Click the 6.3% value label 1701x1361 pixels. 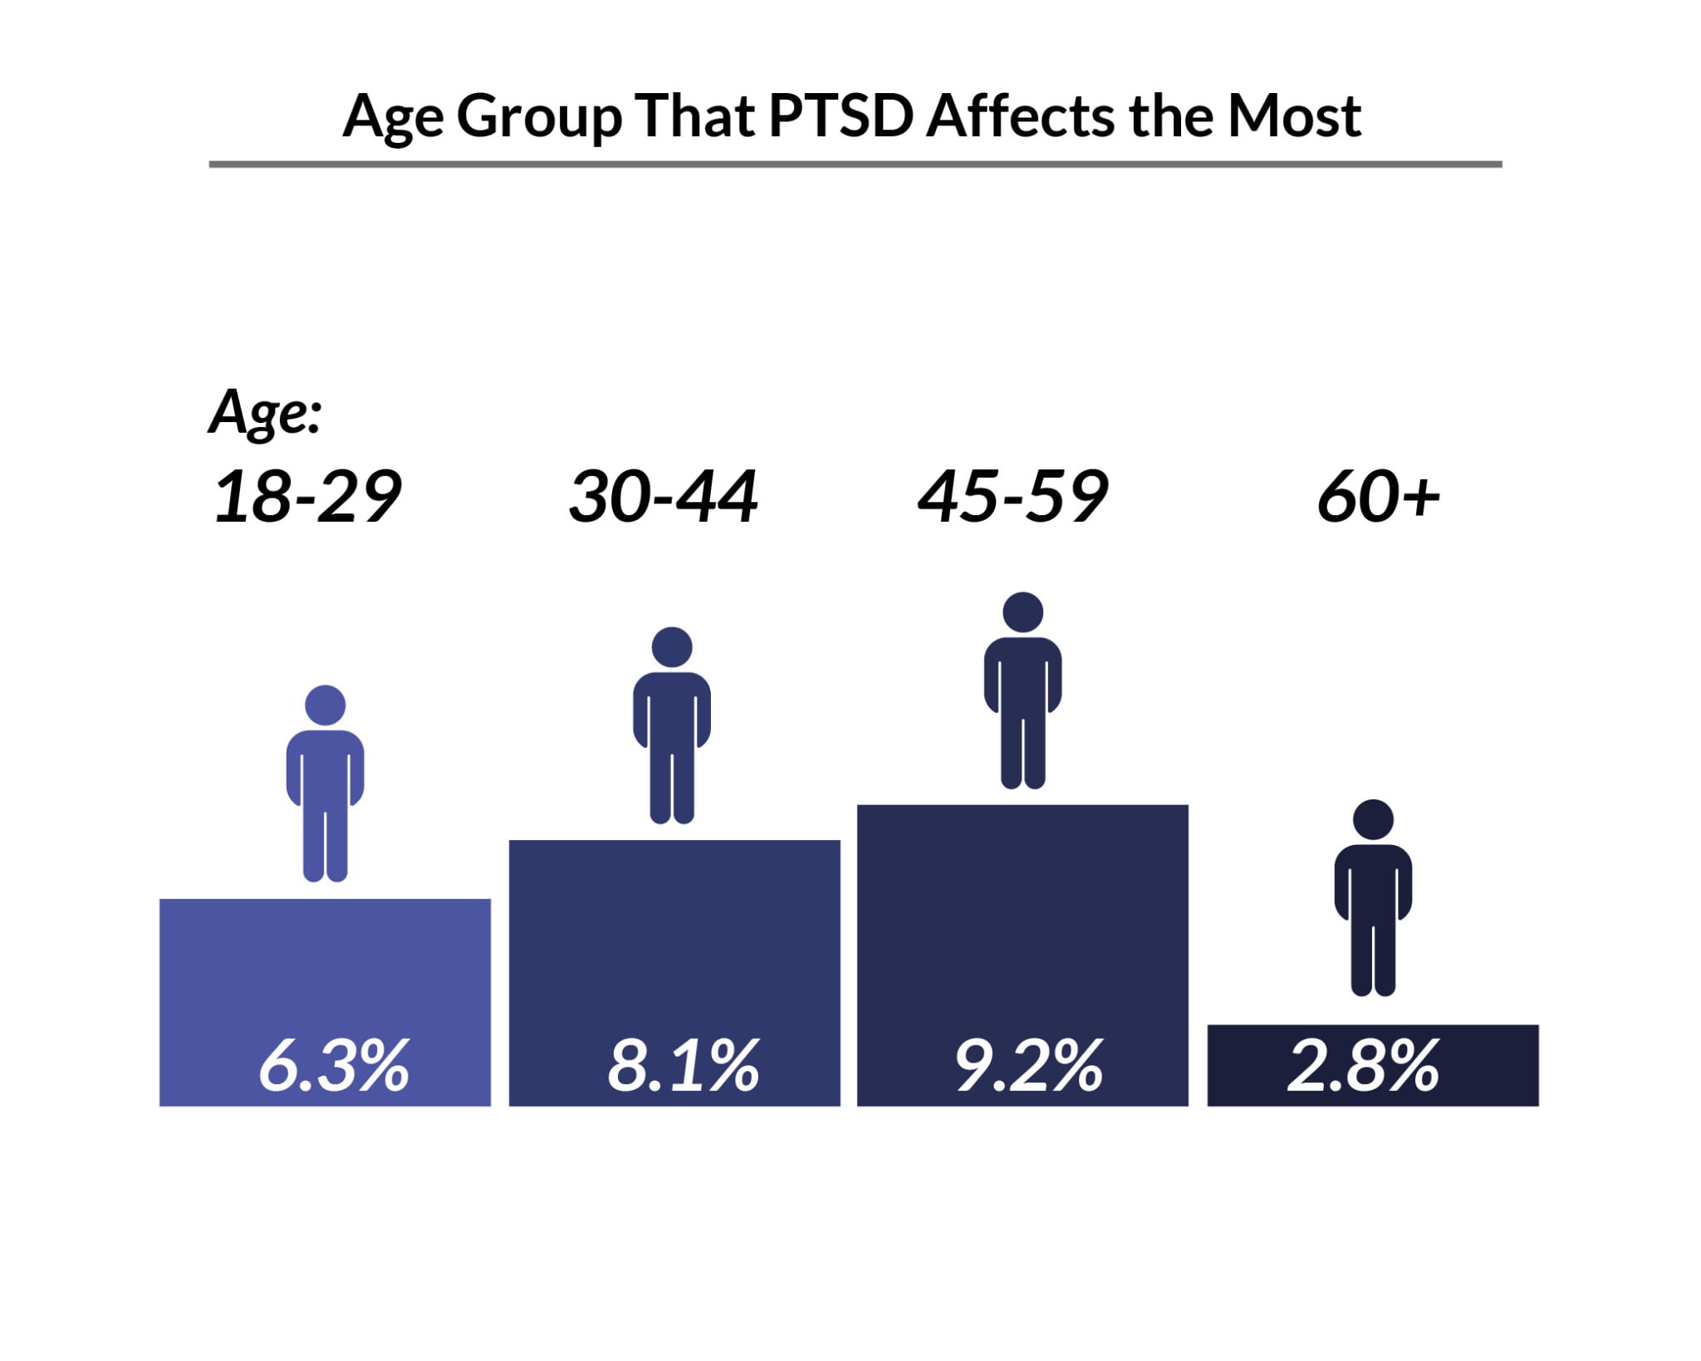[x=334, y=1066]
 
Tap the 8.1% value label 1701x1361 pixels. [x=683, y=1066]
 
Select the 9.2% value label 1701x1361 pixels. [x=1028, y=1066]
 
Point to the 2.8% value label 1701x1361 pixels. [x=1363, y=1066]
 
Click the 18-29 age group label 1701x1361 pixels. [x=307, y=497]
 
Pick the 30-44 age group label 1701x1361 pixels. [x=663, y=497]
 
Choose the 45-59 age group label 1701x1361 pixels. [x=1012, y=497]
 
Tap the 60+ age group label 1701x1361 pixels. [x=1378, y=497]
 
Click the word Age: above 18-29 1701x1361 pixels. [x=265, y=412]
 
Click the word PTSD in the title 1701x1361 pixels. [x=841, y=116]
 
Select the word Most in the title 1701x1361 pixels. [x=1294, y=116]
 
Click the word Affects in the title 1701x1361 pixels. [x=1021, y=116]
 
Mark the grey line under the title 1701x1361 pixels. [x=855, y=165]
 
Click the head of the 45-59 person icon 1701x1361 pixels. [x=1022, y=612]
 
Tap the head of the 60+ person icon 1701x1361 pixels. [x=1373, y=820]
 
